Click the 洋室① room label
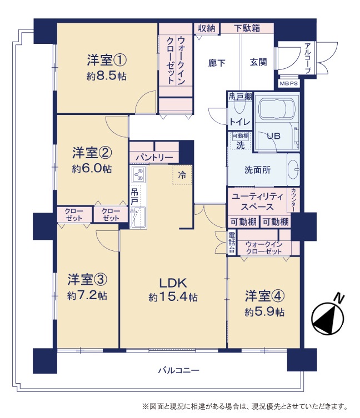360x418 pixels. [x=107, y=61]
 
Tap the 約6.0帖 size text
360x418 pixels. [x=92, y=169]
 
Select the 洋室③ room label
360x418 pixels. [x=87, y=279]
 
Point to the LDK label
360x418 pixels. [x=173, y=283]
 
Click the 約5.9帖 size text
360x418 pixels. [x=264, y=312]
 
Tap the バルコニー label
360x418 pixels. [x=178, y=370]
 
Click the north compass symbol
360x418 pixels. [x=328, y=315]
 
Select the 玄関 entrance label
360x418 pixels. [x=258, y=62]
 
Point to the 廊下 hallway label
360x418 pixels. [x=217, y=63]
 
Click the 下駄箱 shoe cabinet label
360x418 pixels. [x=247, y=28]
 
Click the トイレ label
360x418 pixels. [x=240, y=122]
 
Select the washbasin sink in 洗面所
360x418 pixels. [x=294, y=169]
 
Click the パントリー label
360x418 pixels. [x=154, y=157]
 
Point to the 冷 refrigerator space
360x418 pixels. [x=182, y=175]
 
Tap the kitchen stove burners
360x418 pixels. [x=138, y=174]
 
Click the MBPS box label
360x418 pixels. [x=288, y=83]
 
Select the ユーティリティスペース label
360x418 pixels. [x=257, y=202]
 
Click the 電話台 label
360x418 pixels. [x=232, y=242]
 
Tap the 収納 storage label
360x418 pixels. [x=206, y=28]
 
